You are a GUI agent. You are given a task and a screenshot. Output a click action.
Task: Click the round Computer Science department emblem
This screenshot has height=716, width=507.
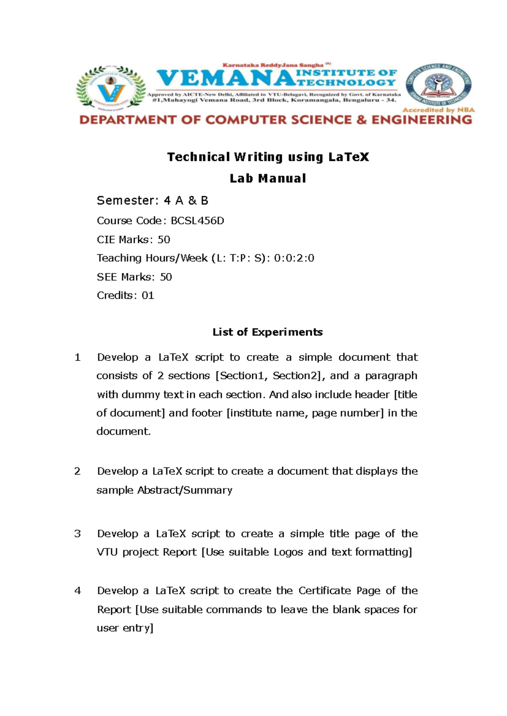[x=438, y=85]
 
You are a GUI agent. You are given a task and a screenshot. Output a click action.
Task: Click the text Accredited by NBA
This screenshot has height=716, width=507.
[x=438, y=110]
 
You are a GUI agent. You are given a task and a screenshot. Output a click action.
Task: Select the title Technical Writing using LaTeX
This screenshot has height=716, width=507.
[x=268, y=157]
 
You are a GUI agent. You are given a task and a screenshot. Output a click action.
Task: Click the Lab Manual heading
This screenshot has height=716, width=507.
[x=268, y=179]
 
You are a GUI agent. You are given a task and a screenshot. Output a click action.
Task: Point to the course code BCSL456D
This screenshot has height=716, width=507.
[x=197, y=221]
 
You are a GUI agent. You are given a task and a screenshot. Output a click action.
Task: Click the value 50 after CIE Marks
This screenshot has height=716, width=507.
[x=164, y=240]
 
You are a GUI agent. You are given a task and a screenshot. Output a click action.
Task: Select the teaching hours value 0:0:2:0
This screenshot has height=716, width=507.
[x=294, y=258]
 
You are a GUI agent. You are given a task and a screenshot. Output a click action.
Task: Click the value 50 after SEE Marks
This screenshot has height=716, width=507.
[x=166, y=277]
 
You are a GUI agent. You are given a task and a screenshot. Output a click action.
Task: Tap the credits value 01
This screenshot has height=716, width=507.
[x=148, y=296]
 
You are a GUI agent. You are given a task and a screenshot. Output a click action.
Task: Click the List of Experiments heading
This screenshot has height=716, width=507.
[x=267, y=332]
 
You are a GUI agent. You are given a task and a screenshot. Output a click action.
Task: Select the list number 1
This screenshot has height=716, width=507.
[x=77, y=358]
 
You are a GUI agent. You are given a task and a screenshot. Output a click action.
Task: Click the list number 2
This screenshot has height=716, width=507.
[x=77, y=471]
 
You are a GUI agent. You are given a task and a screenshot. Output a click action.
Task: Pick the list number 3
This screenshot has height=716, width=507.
[x=77, y=534]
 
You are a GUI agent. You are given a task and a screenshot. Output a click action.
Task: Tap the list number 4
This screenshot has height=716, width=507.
[x=77, y=591]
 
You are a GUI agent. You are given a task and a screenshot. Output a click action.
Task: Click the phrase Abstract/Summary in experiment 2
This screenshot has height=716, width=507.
[x=185, y=490]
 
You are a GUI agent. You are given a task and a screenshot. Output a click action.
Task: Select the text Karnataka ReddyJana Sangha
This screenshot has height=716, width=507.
[x=273, y=65]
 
